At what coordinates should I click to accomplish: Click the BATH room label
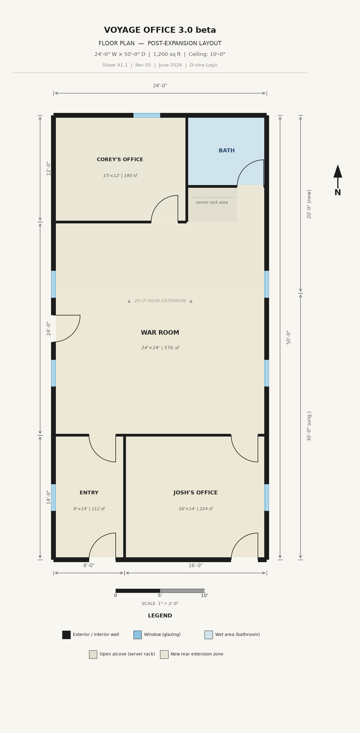pyautogui.click(x=227, y=151)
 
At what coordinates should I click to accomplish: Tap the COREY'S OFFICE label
pyautogui.click(x=120, y=159)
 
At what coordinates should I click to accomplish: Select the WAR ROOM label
pyautogui.click(x=160, y=333)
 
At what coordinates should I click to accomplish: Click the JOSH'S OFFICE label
pyautogui.click(x=195, y=493)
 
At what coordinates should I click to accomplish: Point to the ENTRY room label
pyautogui.click(x=89, y=493)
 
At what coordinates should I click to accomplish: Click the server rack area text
pyautogui.click(x=212, y=202)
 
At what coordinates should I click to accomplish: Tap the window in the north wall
pyautogui.click(x=147, y=115)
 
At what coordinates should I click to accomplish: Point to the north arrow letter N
pyautogui.click(x=338, y=192)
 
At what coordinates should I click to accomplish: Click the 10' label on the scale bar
pyautogui.click(x=204, y=596)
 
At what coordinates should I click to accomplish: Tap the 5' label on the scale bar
pyautogui.click(x=160, y=596)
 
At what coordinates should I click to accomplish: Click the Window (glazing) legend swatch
pyautogui.click(x=137, y=635)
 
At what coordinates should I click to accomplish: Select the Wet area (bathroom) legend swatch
pyautogui.click(x=209, y=635)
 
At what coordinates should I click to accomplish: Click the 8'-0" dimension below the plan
pyautogui.click(x=89, y=565)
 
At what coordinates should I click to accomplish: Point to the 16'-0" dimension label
pyautogui.click(x=196, y=565)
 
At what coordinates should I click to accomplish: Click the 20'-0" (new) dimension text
pyautogui.click(x=309, y=204)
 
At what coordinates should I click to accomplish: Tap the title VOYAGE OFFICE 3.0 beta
pyautogui.click(x=160, y=30)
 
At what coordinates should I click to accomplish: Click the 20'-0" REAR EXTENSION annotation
pyautogui.click(x=160, y=301)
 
